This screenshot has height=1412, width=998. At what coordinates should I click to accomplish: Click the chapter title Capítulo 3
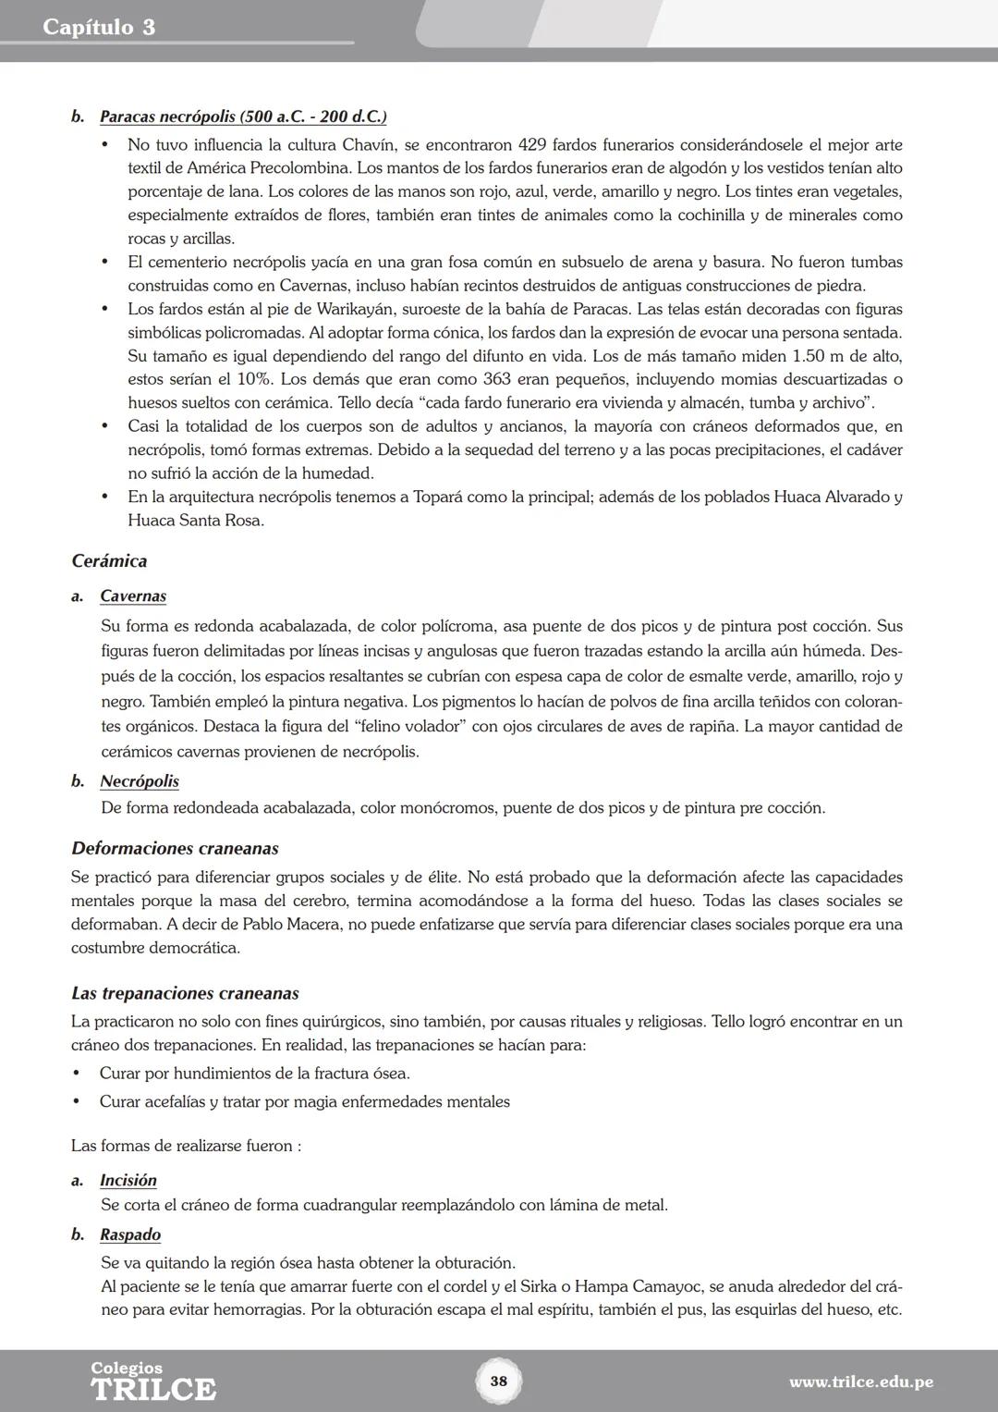tap(99, 27)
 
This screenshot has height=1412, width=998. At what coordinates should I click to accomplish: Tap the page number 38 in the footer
tap(498, 1381)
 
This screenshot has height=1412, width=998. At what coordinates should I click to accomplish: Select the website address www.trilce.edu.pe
tap(860, 1382)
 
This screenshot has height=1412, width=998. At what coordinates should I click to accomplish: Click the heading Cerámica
tap(109, 561)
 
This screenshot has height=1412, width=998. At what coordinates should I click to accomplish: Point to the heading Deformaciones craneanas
tap(175, 849)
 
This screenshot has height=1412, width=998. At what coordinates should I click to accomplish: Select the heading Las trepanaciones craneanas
tap(185, 994)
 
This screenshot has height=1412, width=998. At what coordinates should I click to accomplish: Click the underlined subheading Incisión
tap(128, 1181)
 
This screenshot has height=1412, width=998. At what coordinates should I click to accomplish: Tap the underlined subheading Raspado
tap(130, 1235)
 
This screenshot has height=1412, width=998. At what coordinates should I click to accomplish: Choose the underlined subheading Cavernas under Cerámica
tap(133, 596)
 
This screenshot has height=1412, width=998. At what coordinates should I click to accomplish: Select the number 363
tap(499, 380)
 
